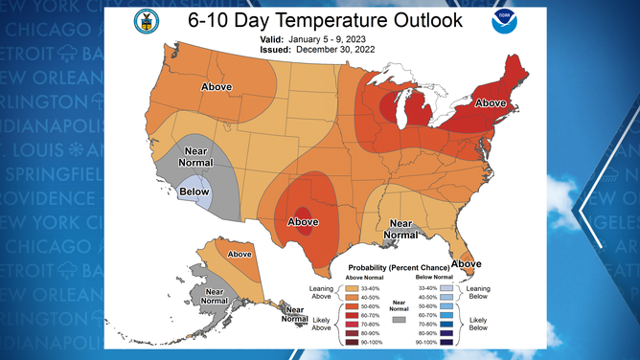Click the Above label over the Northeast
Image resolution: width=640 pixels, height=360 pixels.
[491, 102]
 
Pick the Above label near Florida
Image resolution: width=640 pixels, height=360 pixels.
[467, 263]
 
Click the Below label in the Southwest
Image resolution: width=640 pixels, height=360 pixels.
[196, 192]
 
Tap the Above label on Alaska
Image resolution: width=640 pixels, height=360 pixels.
[240, 254]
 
